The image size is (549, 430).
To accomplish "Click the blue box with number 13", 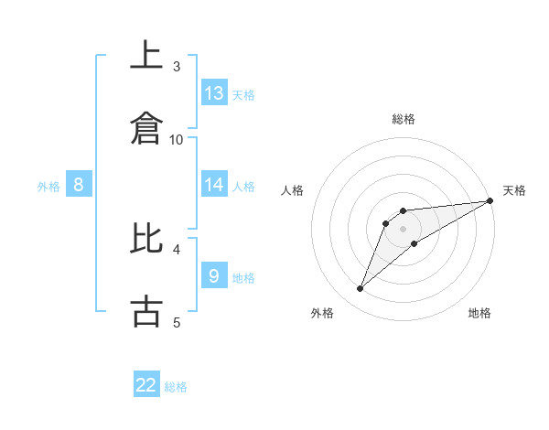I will point(214,93).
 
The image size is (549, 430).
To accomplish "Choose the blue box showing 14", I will point(214,185).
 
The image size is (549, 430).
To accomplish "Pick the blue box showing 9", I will point(214,275).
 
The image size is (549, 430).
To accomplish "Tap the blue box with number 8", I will point(79,185).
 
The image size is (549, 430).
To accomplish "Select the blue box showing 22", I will point(146,385).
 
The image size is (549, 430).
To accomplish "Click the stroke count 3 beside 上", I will point(177,66).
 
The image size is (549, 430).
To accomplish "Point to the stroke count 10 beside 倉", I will point(177,139).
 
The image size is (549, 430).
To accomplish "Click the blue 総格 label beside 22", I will point(176,387).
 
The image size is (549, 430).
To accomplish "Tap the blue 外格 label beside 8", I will point(48,186).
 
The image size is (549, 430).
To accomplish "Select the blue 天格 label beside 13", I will point(242,95).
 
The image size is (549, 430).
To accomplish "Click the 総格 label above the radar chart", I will point(403,119).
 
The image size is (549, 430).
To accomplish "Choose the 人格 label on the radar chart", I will point(294,190).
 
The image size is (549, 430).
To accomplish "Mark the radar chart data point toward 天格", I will point(490,200).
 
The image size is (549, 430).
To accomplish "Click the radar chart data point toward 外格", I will point(361,289).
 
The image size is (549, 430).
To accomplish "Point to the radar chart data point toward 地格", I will point(414,242).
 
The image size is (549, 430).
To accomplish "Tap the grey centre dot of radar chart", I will point(403,229).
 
